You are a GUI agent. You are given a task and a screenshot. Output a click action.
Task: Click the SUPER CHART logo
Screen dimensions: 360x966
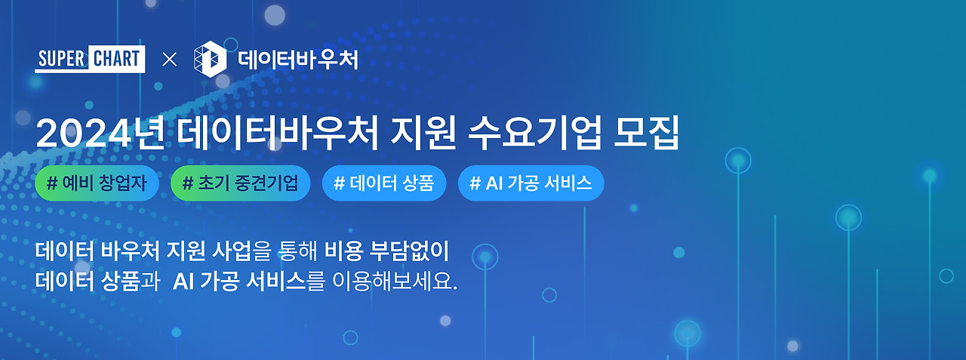coord(89,60)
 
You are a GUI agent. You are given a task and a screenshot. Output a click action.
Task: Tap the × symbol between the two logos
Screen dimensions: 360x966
coord(170,60)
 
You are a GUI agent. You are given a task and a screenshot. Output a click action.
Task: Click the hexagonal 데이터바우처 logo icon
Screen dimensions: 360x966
coord(210,60)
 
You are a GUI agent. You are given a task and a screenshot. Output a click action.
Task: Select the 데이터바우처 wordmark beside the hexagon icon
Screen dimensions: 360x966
coord(297,60)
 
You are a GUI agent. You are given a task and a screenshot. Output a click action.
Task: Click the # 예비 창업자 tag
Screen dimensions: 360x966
coord(96,183)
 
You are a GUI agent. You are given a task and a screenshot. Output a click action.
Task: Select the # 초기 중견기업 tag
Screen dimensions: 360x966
coord(241,183)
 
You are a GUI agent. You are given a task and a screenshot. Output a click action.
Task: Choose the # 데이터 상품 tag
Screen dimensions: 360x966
coord(383,183)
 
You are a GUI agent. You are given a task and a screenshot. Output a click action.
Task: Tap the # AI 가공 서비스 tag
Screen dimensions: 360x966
coord(531,183)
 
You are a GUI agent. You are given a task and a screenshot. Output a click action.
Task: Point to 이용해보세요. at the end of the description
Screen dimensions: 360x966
coord(395,282)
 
